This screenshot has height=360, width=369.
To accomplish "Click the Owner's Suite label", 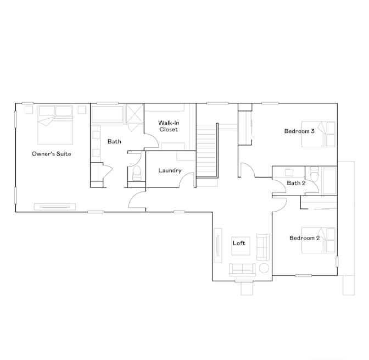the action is coord(51,154).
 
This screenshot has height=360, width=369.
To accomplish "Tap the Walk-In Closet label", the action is coord(169,126).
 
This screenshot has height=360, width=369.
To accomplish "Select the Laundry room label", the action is coord(170,170).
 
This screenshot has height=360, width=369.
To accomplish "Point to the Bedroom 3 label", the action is coord(299,131).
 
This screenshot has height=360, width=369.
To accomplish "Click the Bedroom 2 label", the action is coord(304,238).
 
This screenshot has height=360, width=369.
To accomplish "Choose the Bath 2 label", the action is coord(296,183).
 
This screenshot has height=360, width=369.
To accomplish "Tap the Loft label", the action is coord(239,243).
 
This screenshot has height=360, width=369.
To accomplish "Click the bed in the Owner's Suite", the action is coord(55,125).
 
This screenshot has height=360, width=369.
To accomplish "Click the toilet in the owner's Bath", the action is coord(137,173).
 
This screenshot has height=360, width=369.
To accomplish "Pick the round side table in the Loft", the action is coord(264,268).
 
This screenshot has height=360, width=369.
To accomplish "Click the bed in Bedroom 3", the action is coord(318,134).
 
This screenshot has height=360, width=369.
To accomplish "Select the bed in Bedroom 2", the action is coord(318,240).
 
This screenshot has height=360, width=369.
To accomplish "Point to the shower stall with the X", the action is coord(135,114).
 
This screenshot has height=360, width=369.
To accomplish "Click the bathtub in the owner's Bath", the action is coord(107,114).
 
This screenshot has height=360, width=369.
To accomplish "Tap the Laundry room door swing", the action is coord(187,180).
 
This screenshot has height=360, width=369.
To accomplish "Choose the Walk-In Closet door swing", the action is coord(152,141).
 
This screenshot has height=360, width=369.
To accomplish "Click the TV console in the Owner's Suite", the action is coord(55,207).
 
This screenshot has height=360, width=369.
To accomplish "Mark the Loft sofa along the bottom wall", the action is coord(242,270).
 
